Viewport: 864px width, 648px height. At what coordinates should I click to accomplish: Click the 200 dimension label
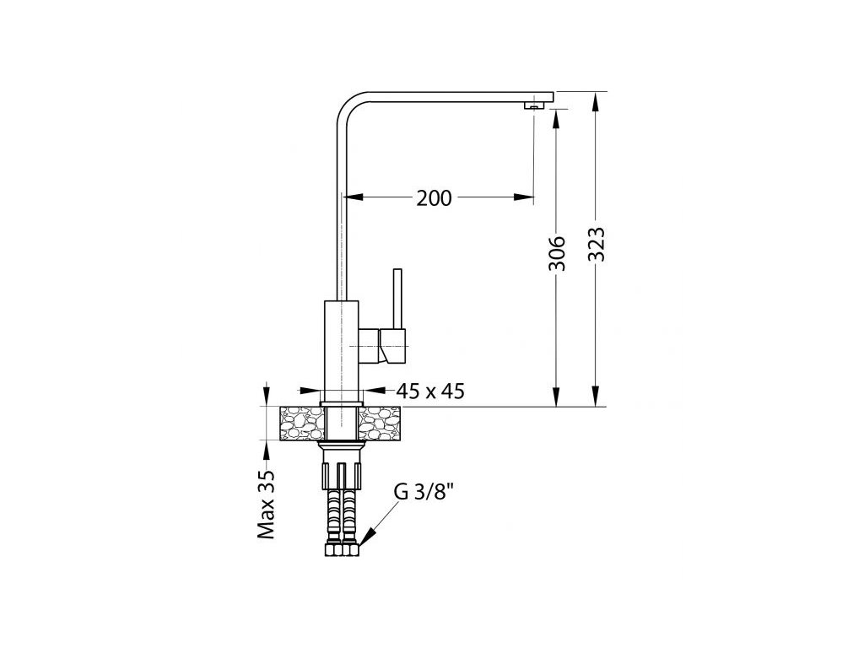pos(434,197)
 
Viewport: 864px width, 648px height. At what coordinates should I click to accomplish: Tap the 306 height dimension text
pos(557,253)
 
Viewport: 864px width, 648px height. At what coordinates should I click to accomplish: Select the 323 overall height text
pos(596,244)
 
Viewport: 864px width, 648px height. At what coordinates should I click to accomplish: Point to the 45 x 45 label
pos(430,391)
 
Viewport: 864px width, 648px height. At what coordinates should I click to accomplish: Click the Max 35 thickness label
pos(266,505)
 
